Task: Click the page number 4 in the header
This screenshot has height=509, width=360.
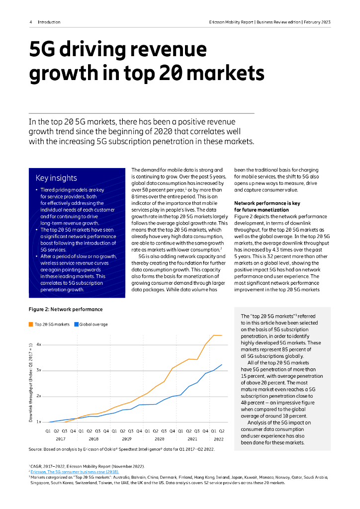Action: click(x=31, y=22)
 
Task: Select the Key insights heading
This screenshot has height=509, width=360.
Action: click(x=56, y=178)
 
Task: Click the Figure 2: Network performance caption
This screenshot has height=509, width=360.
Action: click(x=66, y=309)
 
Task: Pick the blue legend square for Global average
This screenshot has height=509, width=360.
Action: click(x=76, y=325)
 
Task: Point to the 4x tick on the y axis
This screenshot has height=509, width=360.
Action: click(x=39, y=344)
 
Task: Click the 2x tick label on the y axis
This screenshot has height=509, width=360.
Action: click(x=39, y=396)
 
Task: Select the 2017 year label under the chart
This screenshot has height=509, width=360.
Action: click(x=60, y=439)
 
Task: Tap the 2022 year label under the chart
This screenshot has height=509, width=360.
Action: click(x=218, y=439)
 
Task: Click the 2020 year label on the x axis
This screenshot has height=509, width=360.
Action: click(x=159, y=439)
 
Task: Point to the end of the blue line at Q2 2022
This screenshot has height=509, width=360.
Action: click(x=222, y=364)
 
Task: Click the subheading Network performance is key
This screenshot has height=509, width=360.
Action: click(x=267, y=203)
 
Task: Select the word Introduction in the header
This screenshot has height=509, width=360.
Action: click(x=49, y=22)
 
